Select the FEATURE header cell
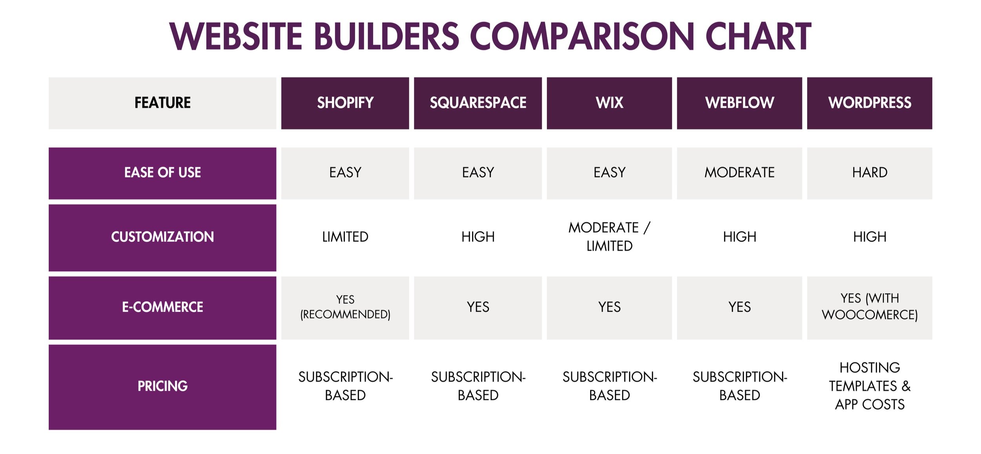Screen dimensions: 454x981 coord(162,103)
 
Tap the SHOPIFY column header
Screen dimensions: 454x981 coord(345,103)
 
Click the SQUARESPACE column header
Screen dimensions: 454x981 coord(478,103)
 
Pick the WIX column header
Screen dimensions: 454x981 coord(609,103)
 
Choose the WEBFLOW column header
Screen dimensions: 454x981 coord(739,103)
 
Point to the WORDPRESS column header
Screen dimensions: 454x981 coord(869,103)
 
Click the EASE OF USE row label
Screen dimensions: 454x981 coord(162,173)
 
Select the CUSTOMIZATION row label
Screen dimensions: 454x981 coord(162,237)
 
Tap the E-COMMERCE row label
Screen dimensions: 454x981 coord(162,307)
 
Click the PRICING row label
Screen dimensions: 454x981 coord(162,386)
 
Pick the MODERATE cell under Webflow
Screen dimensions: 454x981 coord(739,173)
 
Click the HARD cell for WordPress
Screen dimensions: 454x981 coord(869,173)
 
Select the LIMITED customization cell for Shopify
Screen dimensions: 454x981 coord(345,237)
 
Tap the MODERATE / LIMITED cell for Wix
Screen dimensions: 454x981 coord(609,237)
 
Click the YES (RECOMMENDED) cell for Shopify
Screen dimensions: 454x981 coord(345,307)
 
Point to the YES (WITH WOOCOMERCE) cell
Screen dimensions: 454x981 coord(869,307)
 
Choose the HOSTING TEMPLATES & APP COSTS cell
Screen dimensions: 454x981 coord(869,386)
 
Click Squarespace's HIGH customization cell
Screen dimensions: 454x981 coord(478,237)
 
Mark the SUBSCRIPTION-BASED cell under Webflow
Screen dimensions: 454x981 coord(739,386)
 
